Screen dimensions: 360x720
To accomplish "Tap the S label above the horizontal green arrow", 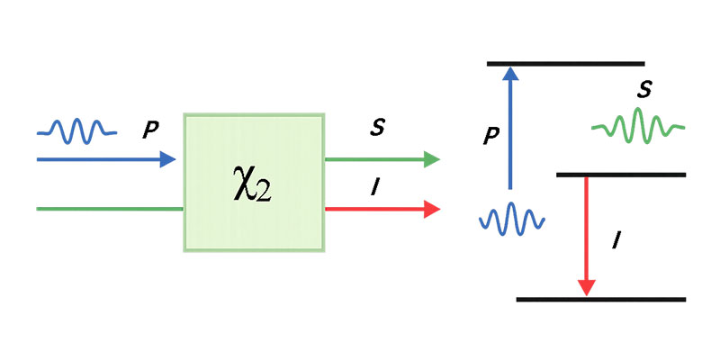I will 377,128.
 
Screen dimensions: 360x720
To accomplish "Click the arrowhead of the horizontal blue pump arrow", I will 168,159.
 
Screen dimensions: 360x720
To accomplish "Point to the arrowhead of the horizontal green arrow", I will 432,159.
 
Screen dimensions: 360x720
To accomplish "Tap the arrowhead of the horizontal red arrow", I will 432,210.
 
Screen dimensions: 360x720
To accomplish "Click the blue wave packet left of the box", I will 76,132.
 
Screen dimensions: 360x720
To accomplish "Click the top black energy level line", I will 565,63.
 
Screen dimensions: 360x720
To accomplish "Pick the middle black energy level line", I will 621,174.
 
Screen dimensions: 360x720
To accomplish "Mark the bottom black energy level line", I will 601,299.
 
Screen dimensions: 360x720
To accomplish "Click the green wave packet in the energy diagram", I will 638,126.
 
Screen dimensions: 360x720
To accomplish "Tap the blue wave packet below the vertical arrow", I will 512,218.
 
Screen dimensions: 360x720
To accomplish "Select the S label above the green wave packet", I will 643,89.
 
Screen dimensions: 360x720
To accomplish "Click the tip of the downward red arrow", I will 587,290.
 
